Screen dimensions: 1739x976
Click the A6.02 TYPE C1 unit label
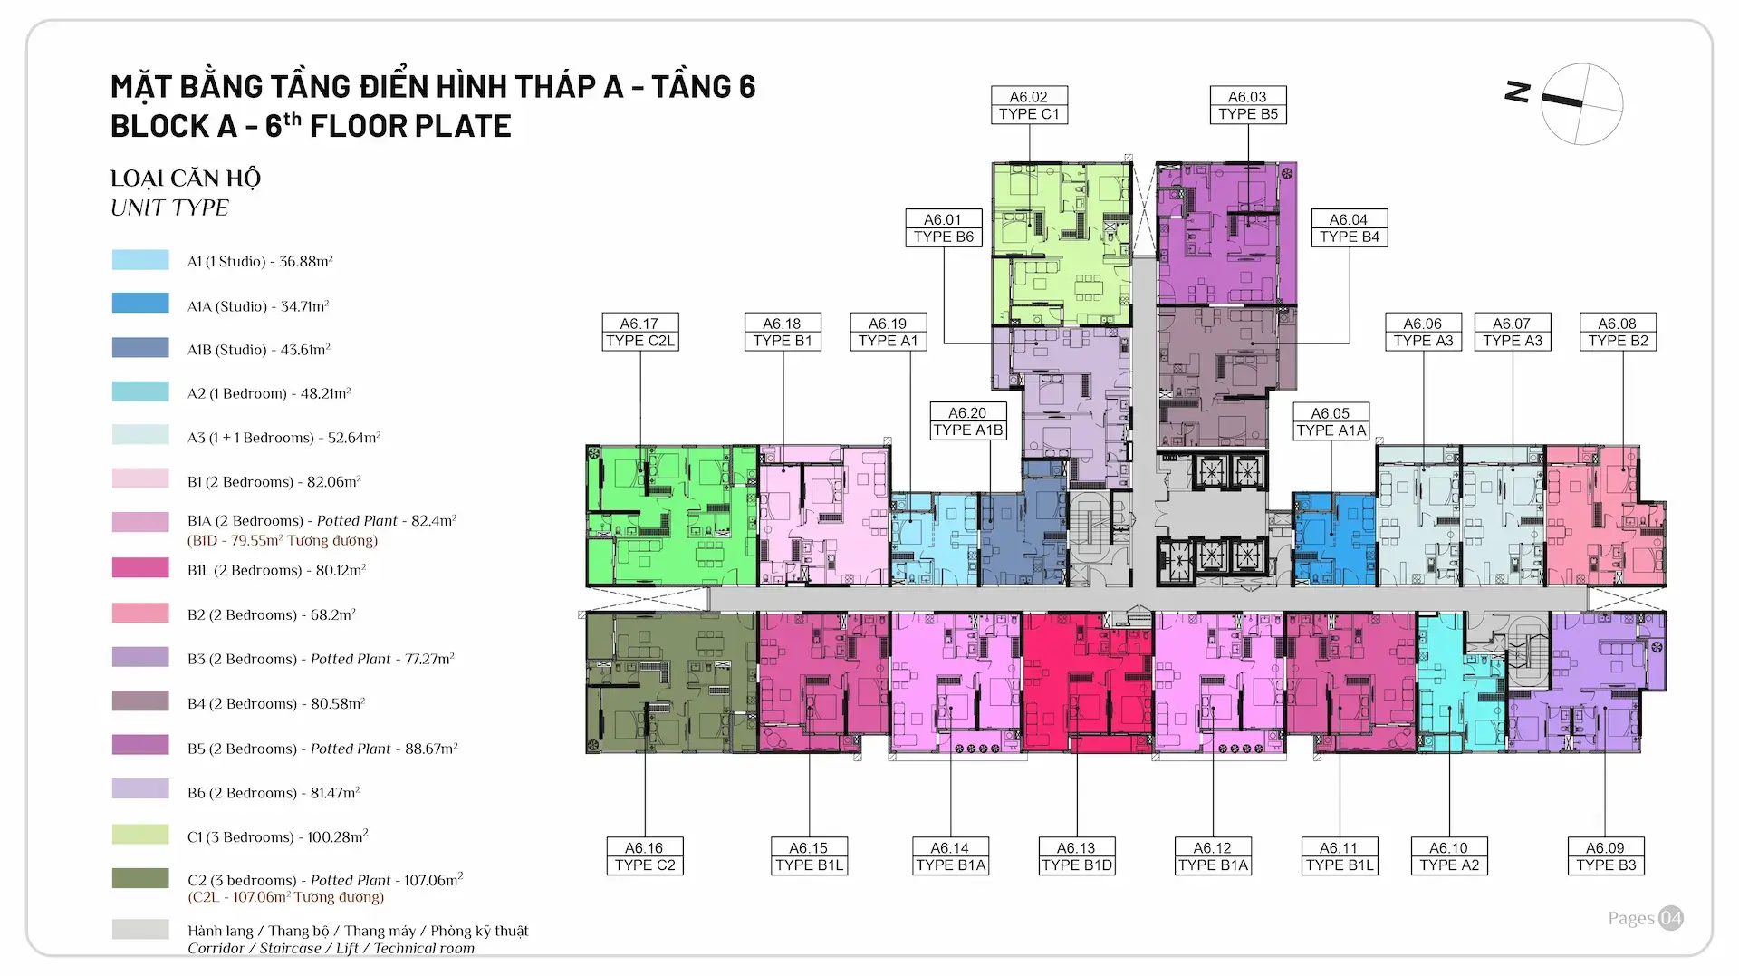1029,105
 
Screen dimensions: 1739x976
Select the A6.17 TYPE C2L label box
640,332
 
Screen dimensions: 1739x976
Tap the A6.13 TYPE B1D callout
1077,855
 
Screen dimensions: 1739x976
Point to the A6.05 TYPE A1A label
1331,421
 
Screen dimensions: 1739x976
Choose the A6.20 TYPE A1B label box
968,421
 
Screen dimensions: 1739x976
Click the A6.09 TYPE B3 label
1606,855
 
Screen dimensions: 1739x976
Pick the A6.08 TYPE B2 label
1618,332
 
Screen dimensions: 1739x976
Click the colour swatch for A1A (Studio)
140,303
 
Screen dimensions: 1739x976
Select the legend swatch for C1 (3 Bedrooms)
140,834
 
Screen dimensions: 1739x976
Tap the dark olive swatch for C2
140,878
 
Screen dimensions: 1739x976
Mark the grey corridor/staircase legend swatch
140,929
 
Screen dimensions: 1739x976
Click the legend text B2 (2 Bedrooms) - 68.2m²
272,614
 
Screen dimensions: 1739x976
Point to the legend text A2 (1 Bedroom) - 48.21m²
269,393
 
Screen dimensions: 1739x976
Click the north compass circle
1582,104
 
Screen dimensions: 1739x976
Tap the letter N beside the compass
1518,92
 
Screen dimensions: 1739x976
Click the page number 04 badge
1671,918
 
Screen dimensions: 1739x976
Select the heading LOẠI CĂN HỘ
186,179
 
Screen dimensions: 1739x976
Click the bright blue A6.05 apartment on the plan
1334,539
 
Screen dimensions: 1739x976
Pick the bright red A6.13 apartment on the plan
1088,682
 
